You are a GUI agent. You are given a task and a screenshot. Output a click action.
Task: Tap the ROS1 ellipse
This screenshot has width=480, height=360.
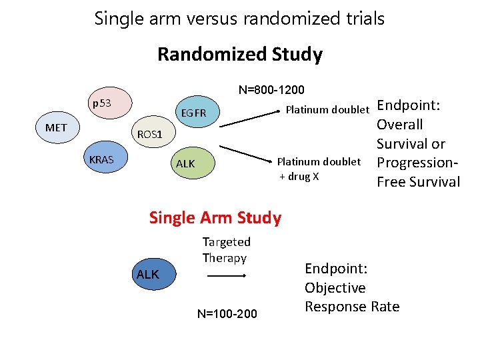point(149,134)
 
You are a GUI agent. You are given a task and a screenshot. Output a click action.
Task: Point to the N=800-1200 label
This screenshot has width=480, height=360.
point(271,89)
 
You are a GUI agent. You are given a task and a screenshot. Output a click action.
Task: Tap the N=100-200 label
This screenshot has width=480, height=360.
point(227,313)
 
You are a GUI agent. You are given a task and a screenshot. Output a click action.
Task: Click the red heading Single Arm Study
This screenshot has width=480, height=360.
point(215,217)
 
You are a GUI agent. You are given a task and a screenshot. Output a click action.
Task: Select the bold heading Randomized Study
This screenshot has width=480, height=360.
point(239,54)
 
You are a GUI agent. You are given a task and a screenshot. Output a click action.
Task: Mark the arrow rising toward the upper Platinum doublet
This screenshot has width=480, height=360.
point(248,117)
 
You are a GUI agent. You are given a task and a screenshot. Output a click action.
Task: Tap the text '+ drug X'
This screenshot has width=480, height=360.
point(299,176)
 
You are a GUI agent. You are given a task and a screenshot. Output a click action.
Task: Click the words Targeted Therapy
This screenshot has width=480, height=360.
point(226,249)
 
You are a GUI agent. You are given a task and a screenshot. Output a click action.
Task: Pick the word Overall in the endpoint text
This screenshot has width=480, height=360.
point(399,125)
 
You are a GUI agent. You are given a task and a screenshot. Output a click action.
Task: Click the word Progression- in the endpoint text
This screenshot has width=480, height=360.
point(418,163)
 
